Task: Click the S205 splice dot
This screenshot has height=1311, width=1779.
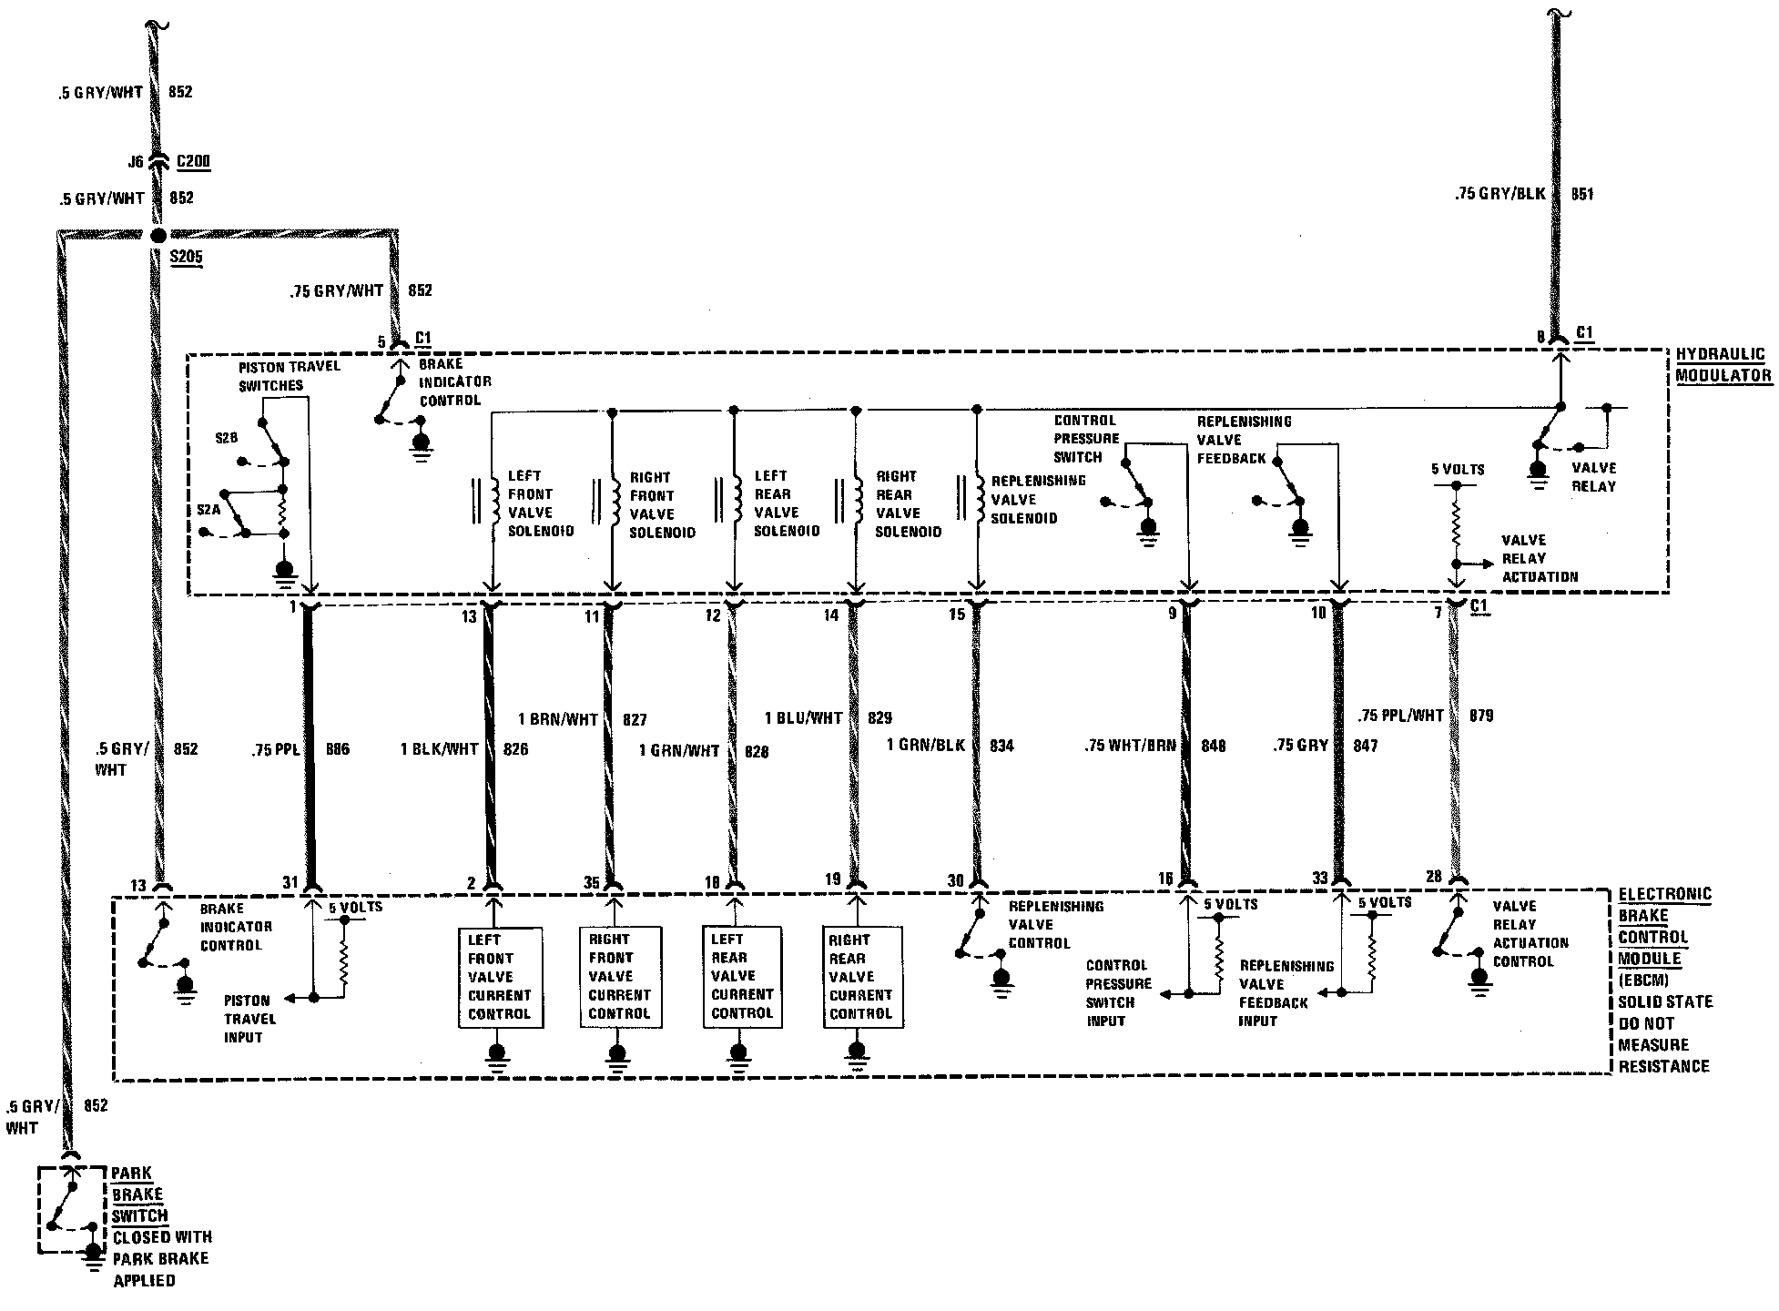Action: pos(156,235)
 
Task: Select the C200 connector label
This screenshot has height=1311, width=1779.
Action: pos(193,162)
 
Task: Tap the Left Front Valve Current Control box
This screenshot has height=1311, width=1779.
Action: pos(500,978)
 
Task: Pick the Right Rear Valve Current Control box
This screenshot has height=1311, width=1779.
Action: pos(863,978)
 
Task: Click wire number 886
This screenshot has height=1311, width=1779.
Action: pos(337,749)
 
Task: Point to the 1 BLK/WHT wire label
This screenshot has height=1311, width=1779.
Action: pos(439,749)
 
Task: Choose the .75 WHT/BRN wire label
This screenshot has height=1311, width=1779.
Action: pos(1130,746)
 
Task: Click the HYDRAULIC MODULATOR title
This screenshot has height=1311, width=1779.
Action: pos(1723,365)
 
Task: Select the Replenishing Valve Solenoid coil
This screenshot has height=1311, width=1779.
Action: pos(978,499)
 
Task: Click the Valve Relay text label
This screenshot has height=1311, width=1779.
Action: pos(1593,477)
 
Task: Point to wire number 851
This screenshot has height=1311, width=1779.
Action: pos(1582,194)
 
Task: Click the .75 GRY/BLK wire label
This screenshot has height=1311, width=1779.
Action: pos(1500,194)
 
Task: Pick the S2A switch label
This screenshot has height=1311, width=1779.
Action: pos(208,510)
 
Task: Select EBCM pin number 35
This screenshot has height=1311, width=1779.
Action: pos(592,882)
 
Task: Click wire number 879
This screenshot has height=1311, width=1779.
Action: pos(1481,716)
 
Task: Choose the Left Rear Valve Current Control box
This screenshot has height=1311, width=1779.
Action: pos(742,978)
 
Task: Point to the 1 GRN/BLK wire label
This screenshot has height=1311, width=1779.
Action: pos(926,746)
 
